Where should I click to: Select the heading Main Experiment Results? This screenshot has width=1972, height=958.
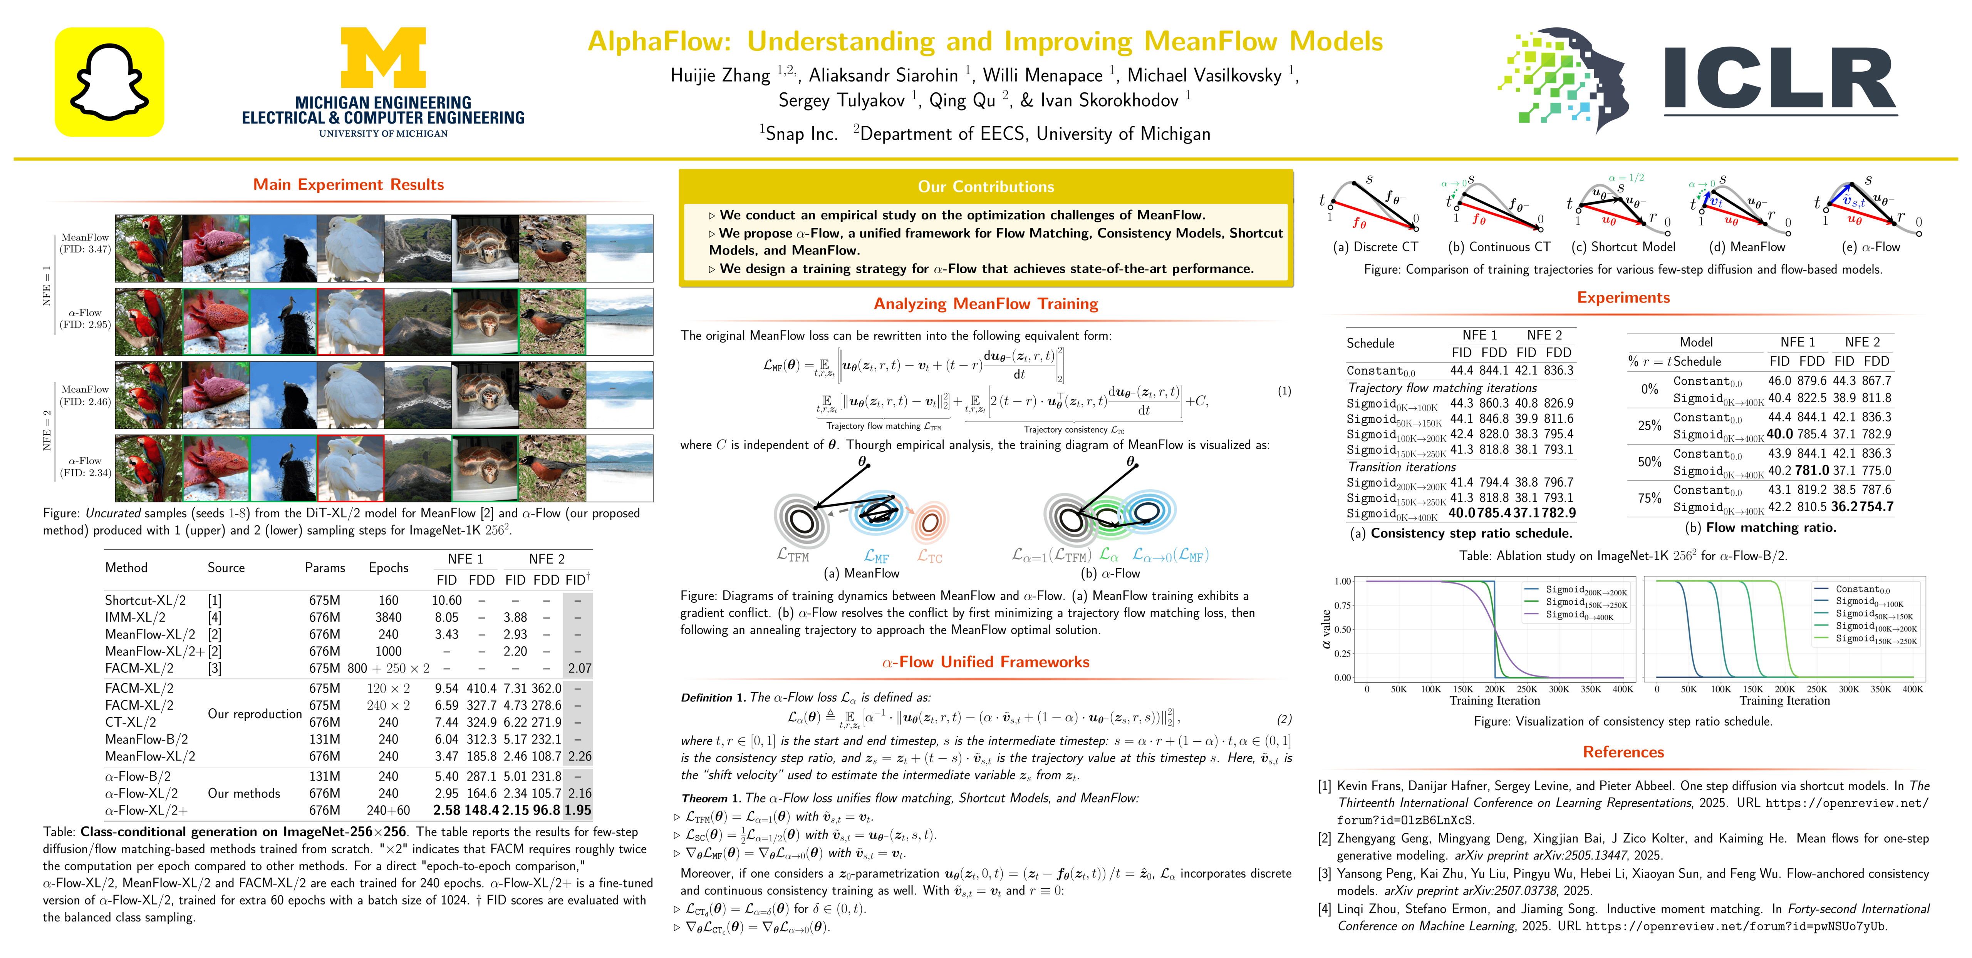click(x=348, y=184)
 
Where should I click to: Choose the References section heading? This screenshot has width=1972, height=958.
click(x=1623, y=752)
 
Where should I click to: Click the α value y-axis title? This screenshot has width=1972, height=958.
click(x=1325, y=629)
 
